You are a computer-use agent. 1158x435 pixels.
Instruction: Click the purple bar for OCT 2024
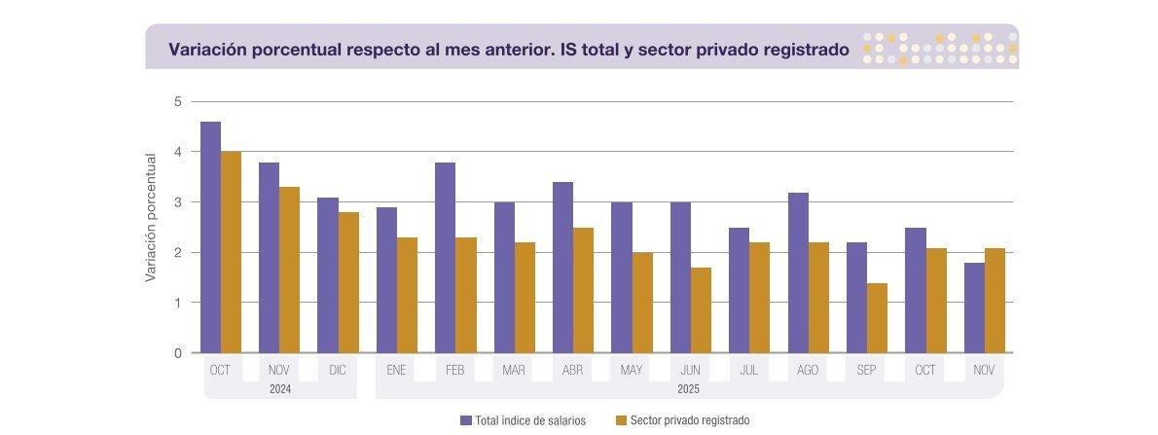tap(210, 237)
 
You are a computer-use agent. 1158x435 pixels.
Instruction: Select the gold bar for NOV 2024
tap(289, 270)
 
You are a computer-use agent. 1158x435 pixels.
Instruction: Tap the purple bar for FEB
tap(445, 258)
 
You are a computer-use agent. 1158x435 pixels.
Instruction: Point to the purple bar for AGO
tap(798, 272)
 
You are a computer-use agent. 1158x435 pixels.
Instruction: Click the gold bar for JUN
tap(701, 310)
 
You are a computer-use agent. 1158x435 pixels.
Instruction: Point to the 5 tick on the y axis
tap(178, 101)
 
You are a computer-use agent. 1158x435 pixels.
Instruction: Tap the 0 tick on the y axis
tap(178, 353)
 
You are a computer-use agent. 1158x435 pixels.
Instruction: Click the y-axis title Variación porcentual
tap(152, 217)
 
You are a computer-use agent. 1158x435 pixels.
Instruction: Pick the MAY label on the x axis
tap(632, 371)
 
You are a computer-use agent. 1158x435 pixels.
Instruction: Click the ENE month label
tap(396, 371)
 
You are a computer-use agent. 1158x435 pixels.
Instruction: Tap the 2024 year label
tap(279, 389)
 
